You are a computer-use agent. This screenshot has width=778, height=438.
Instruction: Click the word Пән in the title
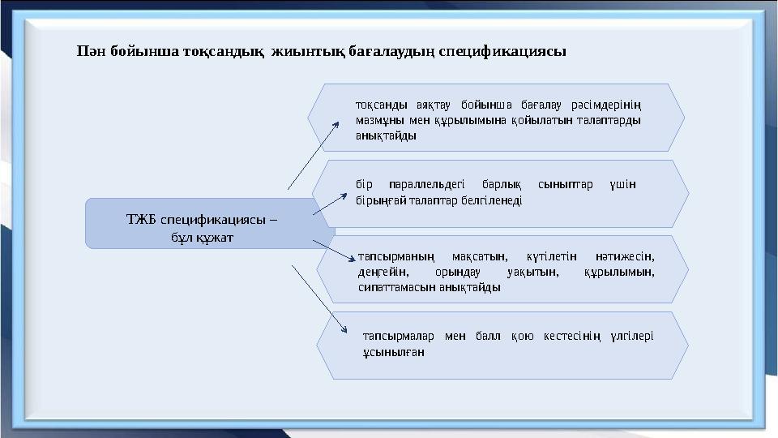coord(91,51)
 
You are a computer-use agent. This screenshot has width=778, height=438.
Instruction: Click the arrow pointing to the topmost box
coord(314,153)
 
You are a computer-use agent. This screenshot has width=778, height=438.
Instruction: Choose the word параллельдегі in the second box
coord(423,184)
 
